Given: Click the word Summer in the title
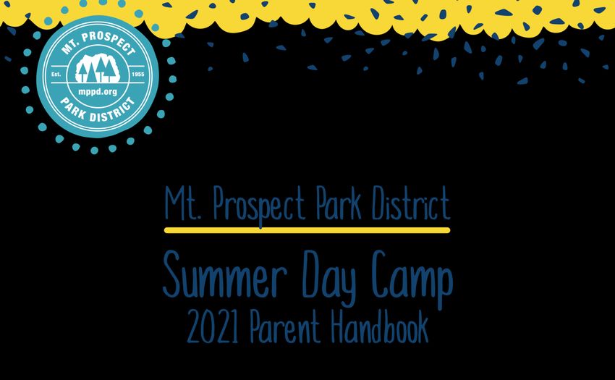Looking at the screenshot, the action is point(225,274).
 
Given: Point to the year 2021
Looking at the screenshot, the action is point(213,326).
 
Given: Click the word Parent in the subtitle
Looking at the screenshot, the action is point(285,326).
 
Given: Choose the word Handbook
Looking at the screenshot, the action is point(379,326).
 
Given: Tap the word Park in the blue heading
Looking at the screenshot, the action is point(339,203).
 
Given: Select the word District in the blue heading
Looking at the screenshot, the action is point(411,203).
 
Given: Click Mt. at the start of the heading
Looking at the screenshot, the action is point(183,203).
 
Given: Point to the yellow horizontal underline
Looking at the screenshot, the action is point(307,230).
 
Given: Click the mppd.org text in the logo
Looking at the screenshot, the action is point(98,92).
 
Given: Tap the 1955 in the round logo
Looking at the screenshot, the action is point(138,74).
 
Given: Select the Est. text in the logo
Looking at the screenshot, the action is point(56,74).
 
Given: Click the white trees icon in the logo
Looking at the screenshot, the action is point(98,68).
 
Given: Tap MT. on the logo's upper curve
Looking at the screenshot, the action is point(69,46).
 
